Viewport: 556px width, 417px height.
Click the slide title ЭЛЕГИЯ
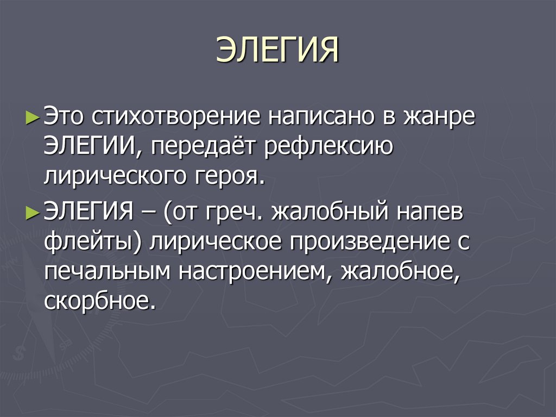click(x=277, y=51)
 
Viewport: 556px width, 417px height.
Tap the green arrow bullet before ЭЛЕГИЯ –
click(x=32, y=212)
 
